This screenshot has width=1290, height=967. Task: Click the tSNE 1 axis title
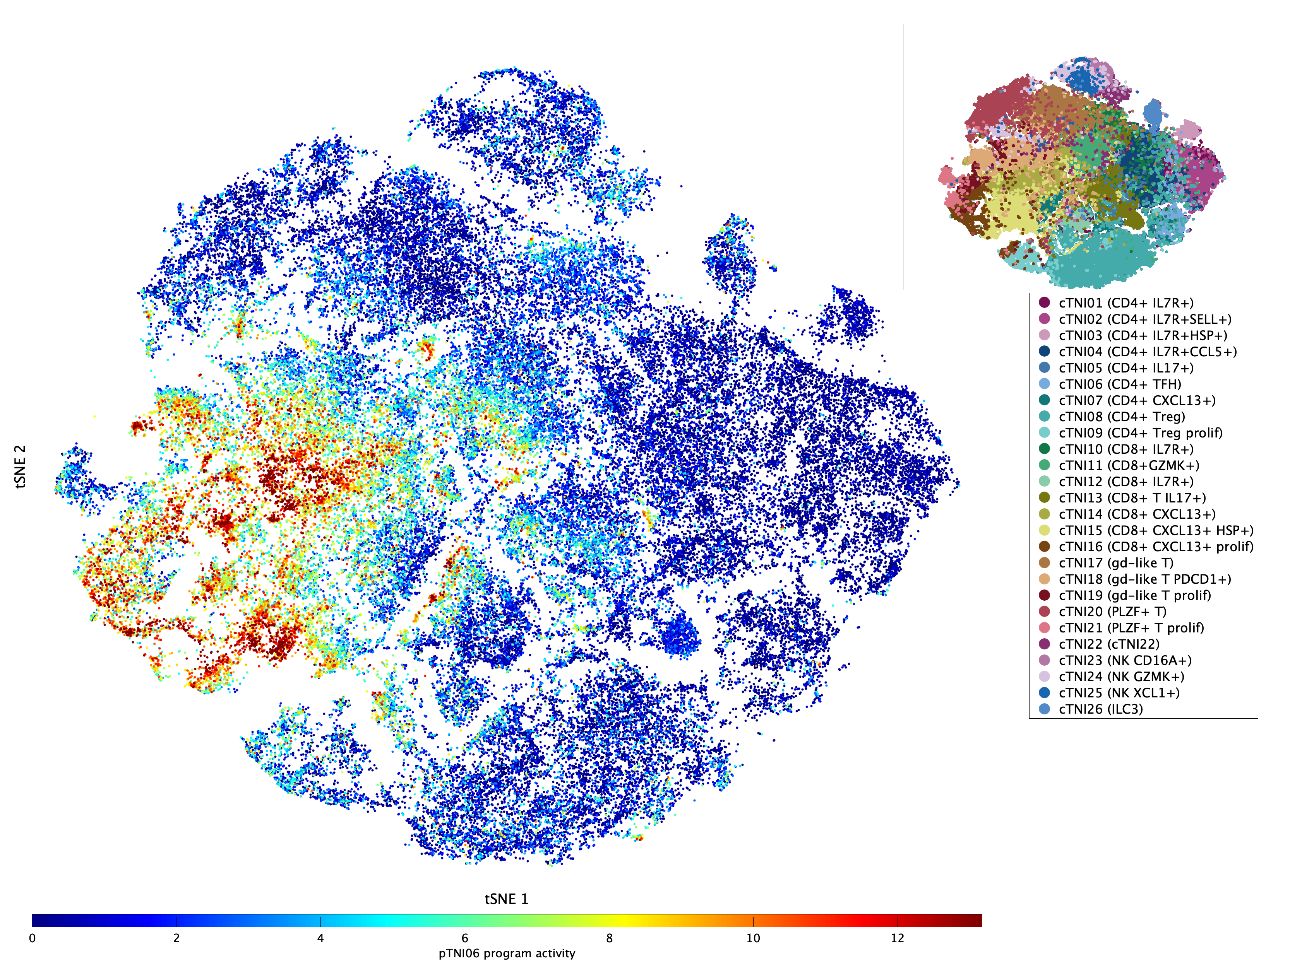(x=506, y=899)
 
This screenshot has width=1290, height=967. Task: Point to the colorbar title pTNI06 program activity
(x=507, y=953)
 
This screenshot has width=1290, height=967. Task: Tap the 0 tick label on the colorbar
(x=32, y=938)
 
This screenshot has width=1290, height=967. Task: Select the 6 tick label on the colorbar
(x=465, y=938)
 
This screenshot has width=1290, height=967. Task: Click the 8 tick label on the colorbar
(x=609, y=938)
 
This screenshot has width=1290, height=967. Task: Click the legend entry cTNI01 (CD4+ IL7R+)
(x=1126, y=303)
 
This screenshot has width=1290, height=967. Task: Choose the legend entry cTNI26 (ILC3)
(x=1100, y=709)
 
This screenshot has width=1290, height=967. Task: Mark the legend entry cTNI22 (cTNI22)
(x=1108, y=644)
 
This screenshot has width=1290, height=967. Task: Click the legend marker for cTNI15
(x=1045, y=530)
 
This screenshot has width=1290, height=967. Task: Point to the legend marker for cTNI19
(x=1045, y=595)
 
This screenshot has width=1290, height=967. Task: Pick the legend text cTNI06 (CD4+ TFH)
(x=1120, y=384)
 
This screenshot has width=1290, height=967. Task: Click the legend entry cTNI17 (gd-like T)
(x=1115, y=563)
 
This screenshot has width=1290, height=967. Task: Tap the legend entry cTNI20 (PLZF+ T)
(x=1112, y=612)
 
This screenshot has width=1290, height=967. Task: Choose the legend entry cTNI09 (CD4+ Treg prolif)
(x=1140, y=433)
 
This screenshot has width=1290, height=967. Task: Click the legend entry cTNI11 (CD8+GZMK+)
(x=1129, y=465)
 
